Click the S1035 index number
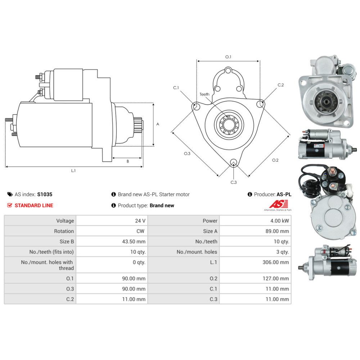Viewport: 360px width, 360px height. coord(45,194)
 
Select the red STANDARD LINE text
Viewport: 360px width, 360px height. coord(34,206)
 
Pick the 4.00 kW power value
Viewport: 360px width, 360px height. coord(279,221)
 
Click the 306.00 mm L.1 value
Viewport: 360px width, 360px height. coord(276,262)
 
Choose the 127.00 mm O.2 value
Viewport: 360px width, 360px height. coord(276,279)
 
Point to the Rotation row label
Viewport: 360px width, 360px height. coord(64,231)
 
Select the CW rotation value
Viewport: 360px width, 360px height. coord(140,231)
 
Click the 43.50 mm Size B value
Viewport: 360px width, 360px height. coord(134,242)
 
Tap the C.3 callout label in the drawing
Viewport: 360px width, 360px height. coord(234,182)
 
